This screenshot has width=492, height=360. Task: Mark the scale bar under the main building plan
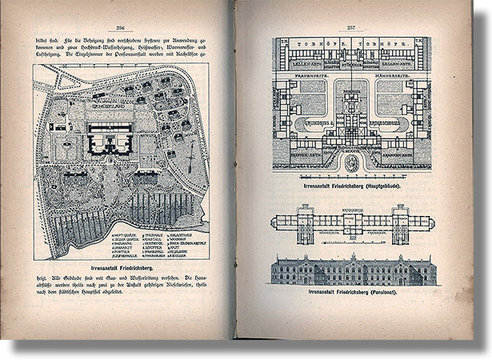coord(352,176)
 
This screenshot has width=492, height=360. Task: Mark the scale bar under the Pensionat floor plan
coord(352,246)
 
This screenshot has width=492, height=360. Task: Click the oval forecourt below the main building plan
coord(352,162)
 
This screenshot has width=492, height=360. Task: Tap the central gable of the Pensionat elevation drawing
coord(352,264)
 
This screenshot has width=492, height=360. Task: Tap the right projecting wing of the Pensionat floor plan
coord(400,224)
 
